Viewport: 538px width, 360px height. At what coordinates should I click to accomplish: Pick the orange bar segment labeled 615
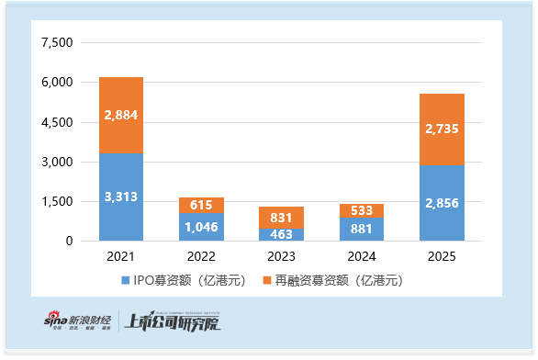point(200,206)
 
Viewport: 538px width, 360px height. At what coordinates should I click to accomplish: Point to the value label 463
point(281,235)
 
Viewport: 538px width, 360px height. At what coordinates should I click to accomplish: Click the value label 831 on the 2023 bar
point(281,218)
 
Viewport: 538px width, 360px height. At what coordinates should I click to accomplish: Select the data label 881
point(361,230)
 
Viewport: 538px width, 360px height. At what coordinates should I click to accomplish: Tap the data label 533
point(361,211)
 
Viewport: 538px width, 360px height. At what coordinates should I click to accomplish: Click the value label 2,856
point(442,203)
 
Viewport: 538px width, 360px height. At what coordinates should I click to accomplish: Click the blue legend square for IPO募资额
point(124,279)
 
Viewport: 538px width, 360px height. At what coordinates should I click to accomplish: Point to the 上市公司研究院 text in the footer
point(173,323)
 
